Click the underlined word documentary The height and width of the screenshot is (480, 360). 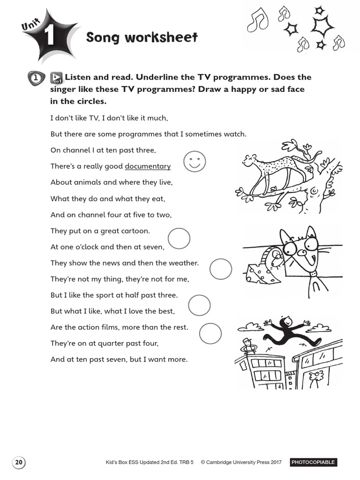pos(148,166)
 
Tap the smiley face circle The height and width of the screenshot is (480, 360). pos(195,161)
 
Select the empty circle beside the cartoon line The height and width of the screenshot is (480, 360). pos(179,239)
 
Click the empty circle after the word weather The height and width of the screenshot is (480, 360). pos(221,269)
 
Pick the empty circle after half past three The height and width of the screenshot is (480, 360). pos(199,306)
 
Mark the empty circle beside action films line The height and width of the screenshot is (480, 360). pos(210,334)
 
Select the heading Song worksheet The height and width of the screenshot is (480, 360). pos(142,37)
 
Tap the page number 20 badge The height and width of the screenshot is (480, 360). pos(19,462)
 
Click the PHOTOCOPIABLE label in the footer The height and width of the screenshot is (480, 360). pos(313,462)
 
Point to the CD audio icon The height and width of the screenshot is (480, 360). pos(56,78)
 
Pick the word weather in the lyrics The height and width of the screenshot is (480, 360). pos(184,263)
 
